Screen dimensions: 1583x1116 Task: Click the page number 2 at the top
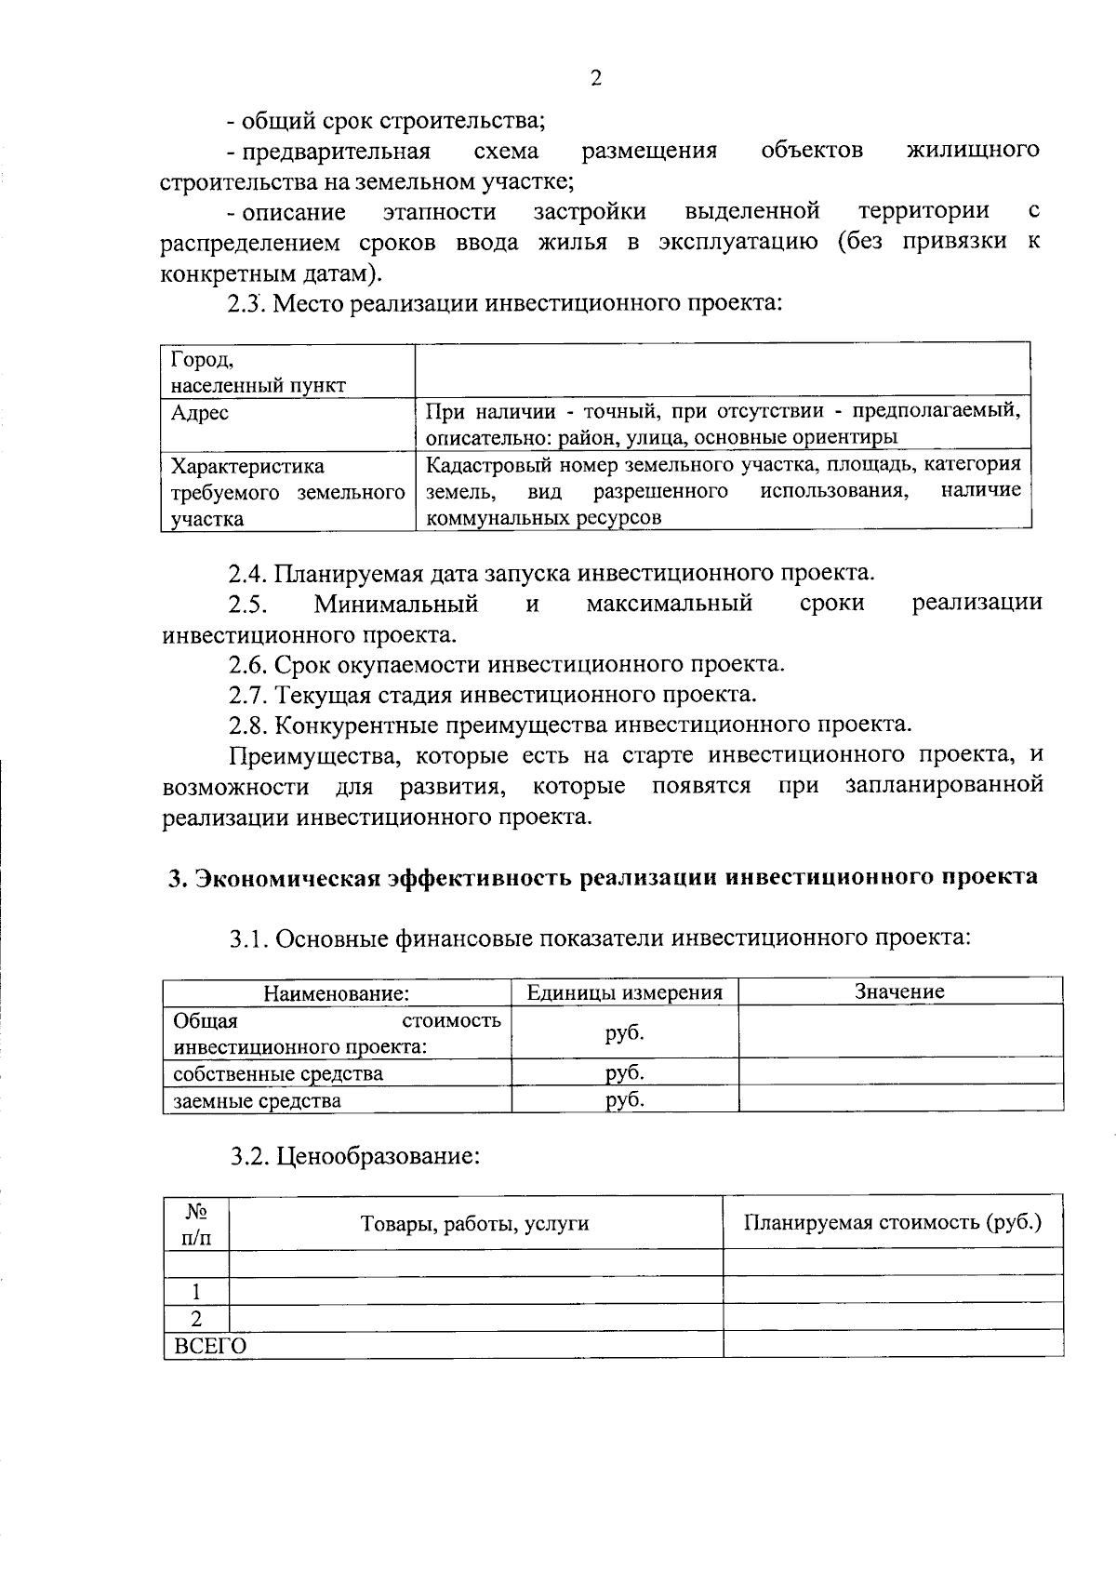tap(595, 79)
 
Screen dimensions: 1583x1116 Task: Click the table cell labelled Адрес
tap(200, 412)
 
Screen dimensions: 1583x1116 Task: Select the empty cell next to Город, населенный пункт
tap(723, 370)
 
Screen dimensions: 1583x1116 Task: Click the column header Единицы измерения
tap(624, 991)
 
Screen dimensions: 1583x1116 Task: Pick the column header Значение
tap(899, 991)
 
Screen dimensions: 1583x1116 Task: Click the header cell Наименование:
tap(337, 992)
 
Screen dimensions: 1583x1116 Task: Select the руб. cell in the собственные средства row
tap(624, 1072)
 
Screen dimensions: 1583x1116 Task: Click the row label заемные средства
tap(258, 1100)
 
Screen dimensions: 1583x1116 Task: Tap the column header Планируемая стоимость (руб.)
tap(893, 1222)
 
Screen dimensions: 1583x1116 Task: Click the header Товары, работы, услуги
tap(474, 1223)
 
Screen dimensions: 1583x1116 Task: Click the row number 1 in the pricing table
tap(196, 1291)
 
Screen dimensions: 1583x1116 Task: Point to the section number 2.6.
tap(248, 664)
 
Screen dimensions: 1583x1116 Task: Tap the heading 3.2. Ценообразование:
tap(355, 1157)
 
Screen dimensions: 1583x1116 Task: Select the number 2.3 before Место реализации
tap(246, 303)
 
